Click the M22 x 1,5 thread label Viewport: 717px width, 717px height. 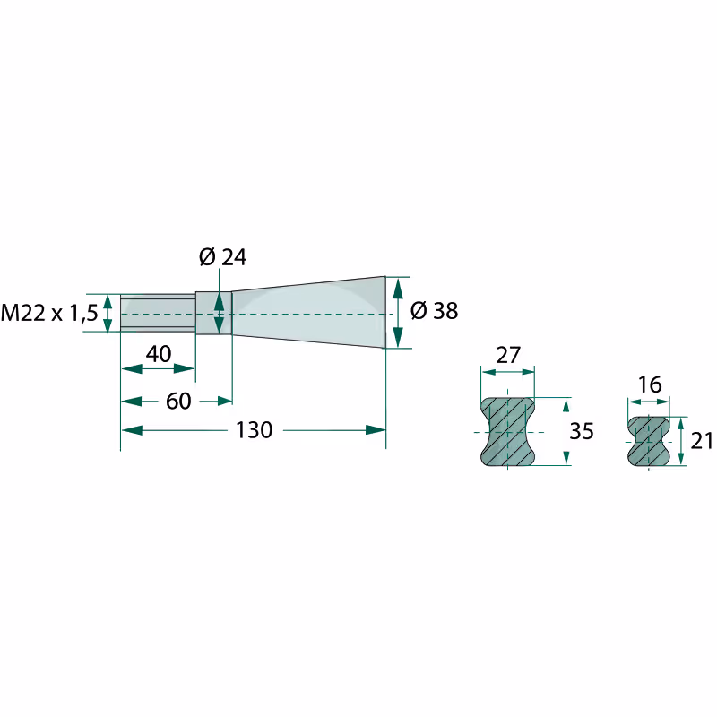coord(49,313)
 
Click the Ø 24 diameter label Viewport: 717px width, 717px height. coord(223,257)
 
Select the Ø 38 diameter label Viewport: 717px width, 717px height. coord(434,311)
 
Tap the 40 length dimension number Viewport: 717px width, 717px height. coord(159,354)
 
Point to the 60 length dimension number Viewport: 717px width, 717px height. coord(178,402)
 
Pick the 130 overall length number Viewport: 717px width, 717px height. coord(255,430)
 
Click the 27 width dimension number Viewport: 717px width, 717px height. coord(508,355)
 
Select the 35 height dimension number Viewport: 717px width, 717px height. coord(582,431)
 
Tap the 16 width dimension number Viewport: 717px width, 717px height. coord(650,385)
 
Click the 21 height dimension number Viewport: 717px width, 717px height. coord(702,441)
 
